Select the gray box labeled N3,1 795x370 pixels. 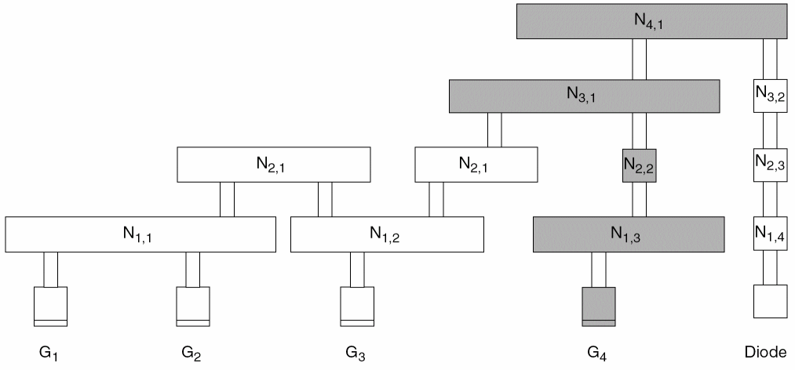coord(584,95)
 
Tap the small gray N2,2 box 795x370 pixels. coord(638,165)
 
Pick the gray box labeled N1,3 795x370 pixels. coord(628,234)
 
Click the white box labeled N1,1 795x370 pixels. coord(140,234)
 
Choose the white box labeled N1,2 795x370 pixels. coord(387,234)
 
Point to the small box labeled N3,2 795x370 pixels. coord(769,95)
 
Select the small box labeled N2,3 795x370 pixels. coord(769,165)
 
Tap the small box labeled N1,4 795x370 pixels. coord(769,234)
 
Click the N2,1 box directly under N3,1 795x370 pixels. coord(476,165)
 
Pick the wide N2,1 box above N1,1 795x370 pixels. coord(273,165)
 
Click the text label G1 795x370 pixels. coord(51,354)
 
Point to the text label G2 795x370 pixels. coord(192,354)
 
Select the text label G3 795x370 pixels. coord(356,354)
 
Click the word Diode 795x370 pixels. coord(768,352)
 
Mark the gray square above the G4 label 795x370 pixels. coord(599,306)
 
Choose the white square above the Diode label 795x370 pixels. coord(769,302)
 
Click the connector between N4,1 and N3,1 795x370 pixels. coord(640,59)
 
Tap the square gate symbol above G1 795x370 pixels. coord(51,306)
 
